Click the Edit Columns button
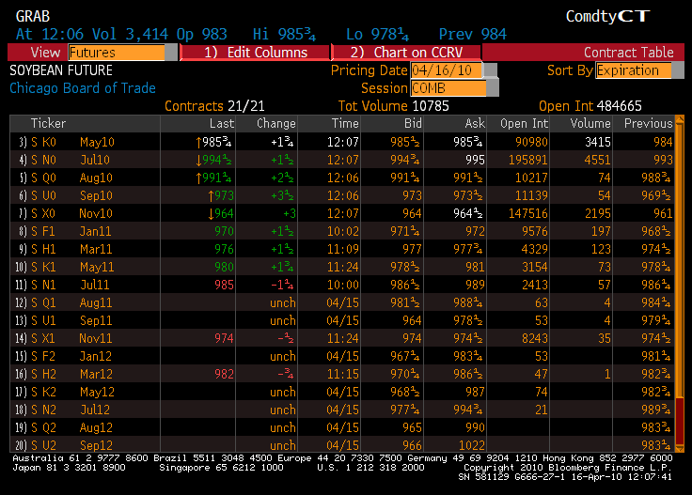tap(256, 53)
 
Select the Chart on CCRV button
tap(406, 53)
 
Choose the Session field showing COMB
tap(448, 88)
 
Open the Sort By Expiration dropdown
tap(633, 70)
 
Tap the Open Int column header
tap(524, 123)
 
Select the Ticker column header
tap(48, 123)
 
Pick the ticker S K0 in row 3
tap(44, 142)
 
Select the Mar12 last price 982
tap(223, 374)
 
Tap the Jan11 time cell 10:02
tap(344, 231)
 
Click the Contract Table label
tap(628, 53)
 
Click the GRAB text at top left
tap(33, 17)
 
